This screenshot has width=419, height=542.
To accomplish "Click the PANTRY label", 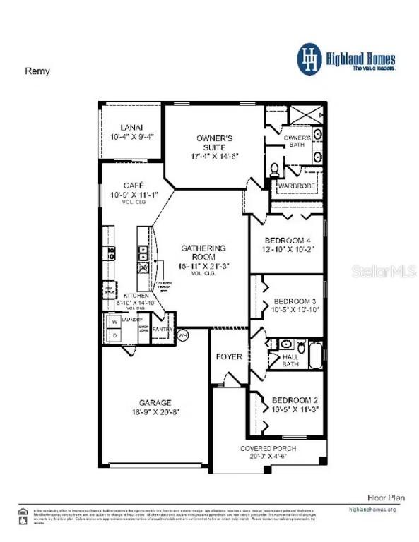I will [163, 329].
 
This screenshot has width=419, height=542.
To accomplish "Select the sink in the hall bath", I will [285, 344].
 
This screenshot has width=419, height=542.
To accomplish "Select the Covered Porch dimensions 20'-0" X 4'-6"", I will [268, 457].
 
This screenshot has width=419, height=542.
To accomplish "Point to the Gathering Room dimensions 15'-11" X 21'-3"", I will [203, 266].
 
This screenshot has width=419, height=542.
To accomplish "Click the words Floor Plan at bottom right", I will [386, 498].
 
